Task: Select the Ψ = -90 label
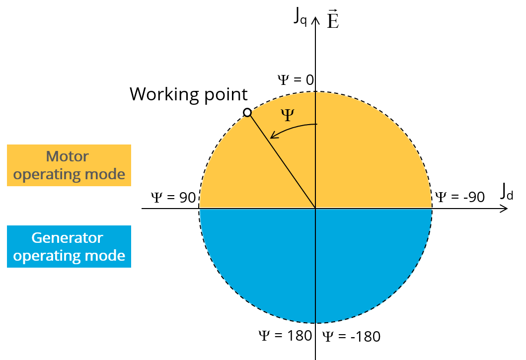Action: coord(459,197)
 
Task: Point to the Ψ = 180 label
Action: coord(285,336)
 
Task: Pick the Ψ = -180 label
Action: coord(351,337)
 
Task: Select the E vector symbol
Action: coord(333,21)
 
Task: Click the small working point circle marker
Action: coord(247,113)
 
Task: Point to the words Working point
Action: coord(188,94)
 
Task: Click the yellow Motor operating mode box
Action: coord(69,165)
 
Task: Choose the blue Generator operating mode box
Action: coord(69,246)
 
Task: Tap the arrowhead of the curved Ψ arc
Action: coord(272,135)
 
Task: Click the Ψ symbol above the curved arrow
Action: coord(287,116)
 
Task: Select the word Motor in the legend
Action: coord(67,157)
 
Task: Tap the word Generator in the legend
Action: coord(67,238)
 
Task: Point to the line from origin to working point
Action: coord(281,160)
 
